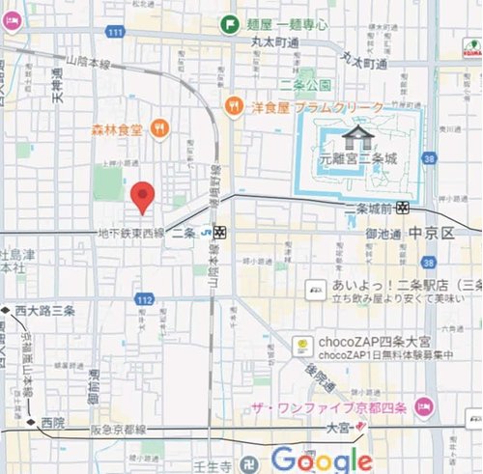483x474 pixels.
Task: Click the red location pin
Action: pyautogui.click(x=143, y=196)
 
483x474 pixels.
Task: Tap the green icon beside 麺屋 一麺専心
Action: pyautogui.click(x=230, y=23)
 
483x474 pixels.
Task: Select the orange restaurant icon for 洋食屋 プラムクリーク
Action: pyautogui.click(x=233, y=105)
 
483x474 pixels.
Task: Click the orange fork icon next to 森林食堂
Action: pyautogui.click(x=159, y=127)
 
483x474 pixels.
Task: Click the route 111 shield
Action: pyautogui.click(x=116, y=34)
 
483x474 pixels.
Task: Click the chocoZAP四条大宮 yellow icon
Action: pyautogui.click(x=301, y=344)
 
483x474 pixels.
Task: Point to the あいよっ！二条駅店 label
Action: pyautogui.click(x=383, y=288)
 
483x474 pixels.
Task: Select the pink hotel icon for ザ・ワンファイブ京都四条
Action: pyautogui.click(x=422, y=404)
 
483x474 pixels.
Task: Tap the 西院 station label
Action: pyautogui.click(x=52, y=423)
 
